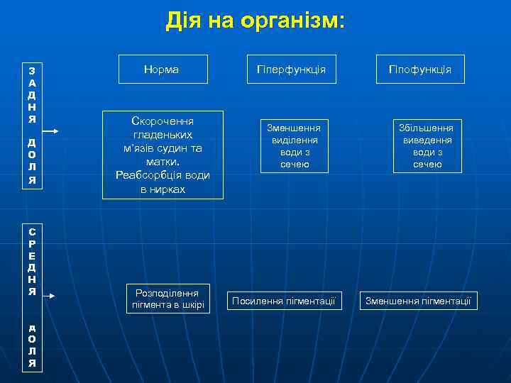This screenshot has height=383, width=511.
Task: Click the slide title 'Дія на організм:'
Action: (255, 21)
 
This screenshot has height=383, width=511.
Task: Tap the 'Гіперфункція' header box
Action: (291, 70)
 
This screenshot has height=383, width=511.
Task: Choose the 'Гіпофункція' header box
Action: (419, 70)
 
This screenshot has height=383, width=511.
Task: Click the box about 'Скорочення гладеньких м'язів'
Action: (163, 155)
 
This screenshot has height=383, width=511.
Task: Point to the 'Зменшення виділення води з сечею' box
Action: (294, 145)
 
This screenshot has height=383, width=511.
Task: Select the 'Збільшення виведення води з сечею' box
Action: (428, 145)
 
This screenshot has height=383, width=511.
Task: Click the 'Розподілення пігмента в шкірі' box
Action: (168, 299)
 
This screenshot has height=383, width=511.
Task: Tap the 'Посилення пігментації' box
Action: (284, 301)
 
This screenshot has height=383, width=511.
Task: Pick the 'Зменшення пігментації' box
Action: (418, 301)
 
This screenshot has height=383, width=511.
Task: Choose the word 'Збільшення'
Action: (428, 128)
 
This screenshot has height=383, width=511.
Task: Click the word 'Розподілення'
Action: (168, 292)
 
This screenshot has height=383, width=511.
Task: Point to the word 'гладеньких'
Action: (163, 134)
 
